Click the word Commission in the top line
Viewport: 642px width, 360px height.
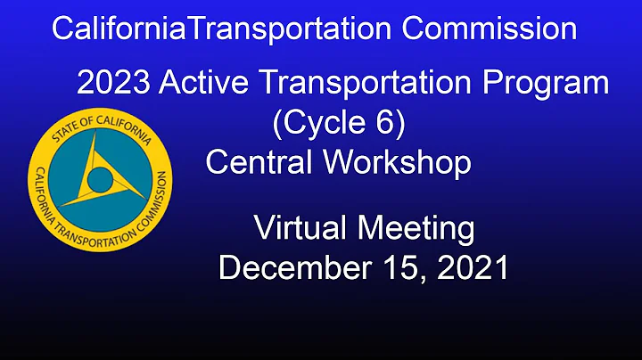(x=489, y=29)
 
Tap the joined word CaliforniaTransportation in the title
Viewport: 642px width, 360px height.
(x=222, y=29)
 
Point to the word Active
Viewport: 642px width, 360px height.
(x=198, y=84)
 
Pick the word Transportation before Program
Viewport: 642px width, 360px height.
(x=364, y=84)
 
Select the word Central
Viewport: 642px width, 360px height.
(x=259, y=162)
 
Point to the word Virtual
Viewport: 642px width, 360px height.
(x=301, y=228)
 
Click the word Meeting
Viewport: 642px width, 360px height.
(x=416, y=228)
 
